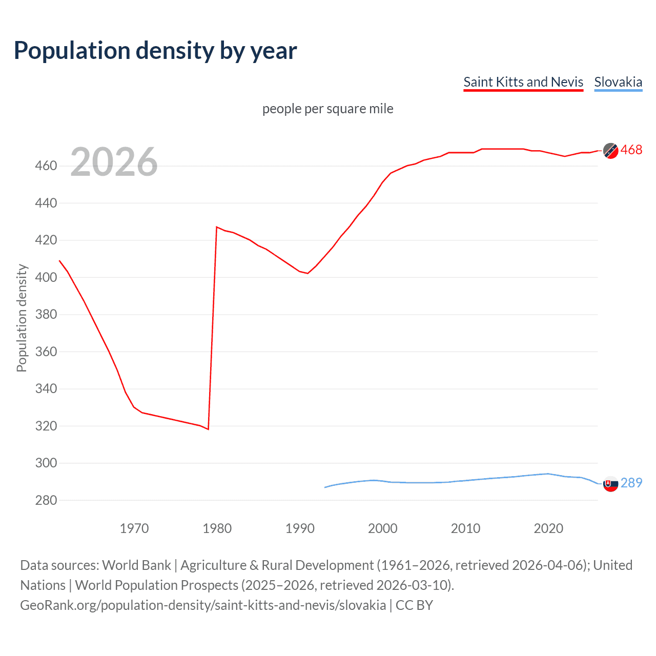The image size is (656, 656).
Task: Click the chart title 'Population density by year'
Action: coord(155,51)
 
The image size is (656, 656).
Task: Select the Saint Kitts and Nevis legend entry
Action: coord(523,82)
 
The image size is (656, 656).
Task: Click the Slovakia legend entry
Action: coord(618,82)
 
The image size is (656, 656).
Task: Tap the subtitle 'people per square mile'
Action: coord(327,109)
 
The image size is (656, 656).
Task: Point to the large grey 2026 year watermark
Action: coord(114,162)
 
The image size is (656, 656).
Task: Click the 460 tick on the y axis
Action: coord(46,166)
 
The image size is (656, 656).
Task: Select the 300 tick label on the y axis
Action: coord(46,463)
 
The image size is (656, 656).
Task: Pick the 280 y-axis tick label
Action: coord(46,500)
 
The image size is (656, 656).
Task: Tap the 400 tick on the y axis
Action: coord(46,277)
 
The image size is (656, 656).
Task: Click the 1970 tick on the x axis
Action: coord(134,528)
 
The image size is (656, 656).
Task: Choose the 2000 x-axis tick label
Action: coord(382,528)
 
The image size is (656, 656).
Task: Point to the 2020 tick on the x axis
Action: coord(548,528)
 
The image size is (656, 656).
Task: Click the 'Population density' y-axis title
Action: coord(22,318)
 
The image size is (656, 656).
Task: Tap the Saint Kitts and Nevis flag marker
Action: coord(610,151)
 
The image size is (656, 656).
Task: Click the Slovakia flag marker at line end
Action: coord(610,484)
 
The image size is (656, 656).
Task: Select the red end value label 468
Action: coord(631,150)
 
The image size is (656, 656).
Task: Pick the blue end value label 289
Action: coord(631,483)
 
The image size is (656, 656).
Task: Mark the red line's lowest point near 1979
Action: coord(208,429)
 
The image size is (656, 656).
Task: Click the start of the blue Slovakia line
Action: coord(325,487)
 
